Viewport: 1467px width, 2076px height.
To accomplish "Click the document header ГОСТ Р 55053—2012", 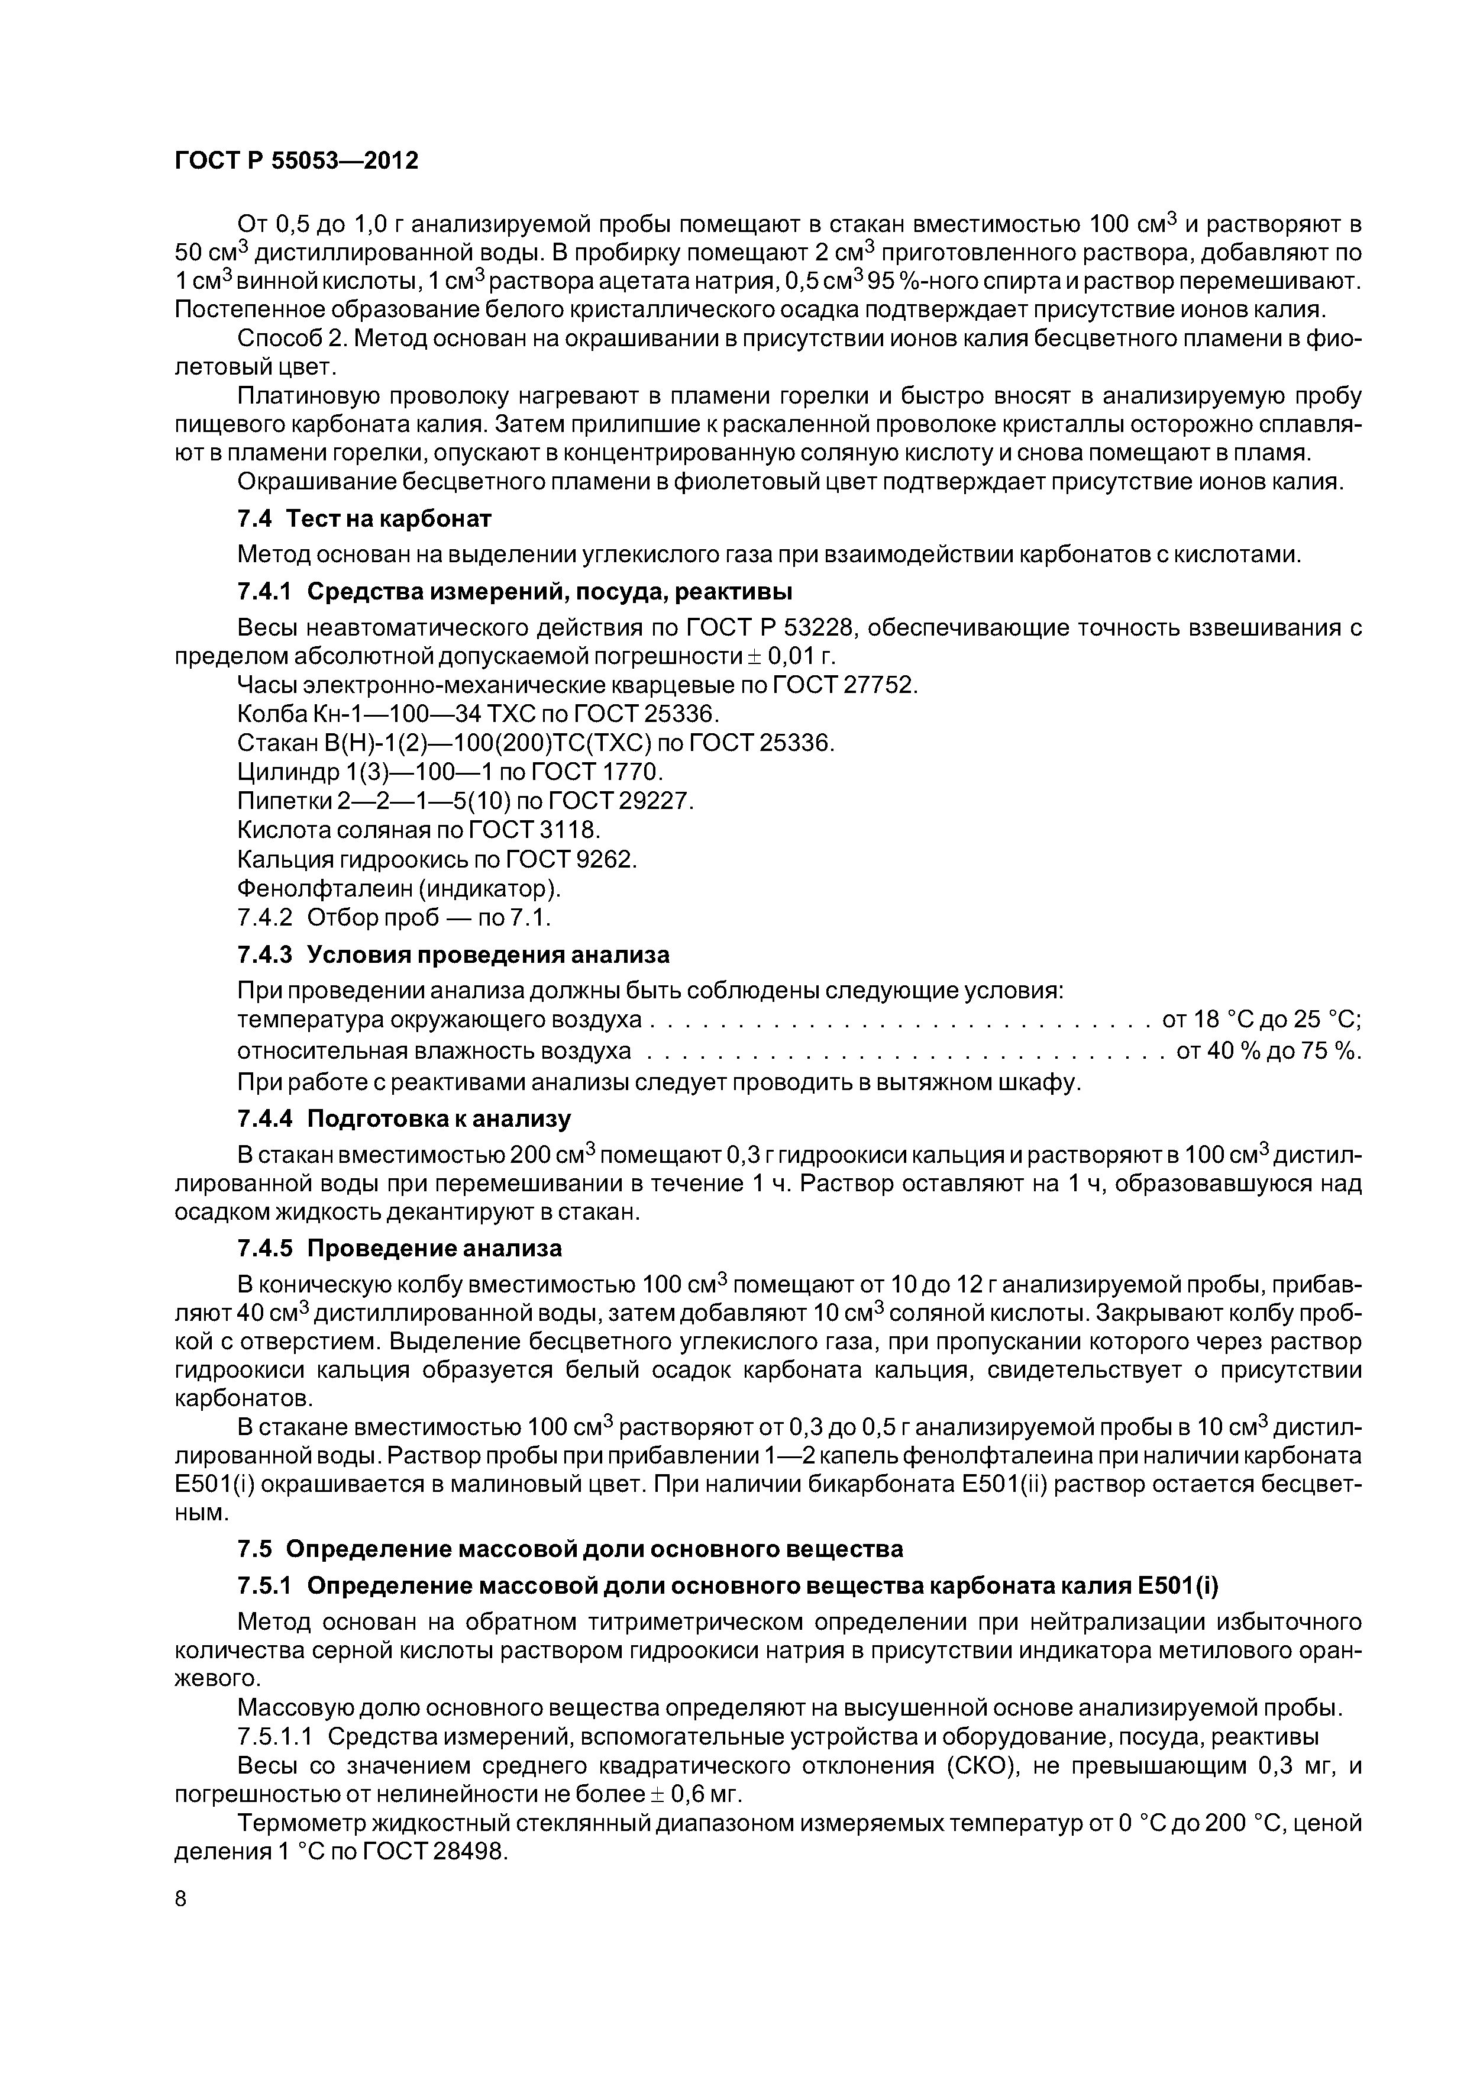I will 296,161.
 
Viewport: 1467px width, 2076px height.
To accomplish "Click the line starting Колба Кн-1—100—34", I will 478,714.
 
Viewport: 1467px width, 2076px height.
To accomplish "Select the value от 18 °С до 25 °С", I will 1262,1020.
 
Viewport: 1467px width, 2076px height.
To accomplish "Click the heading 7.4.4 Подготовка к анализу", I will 403,1120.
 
